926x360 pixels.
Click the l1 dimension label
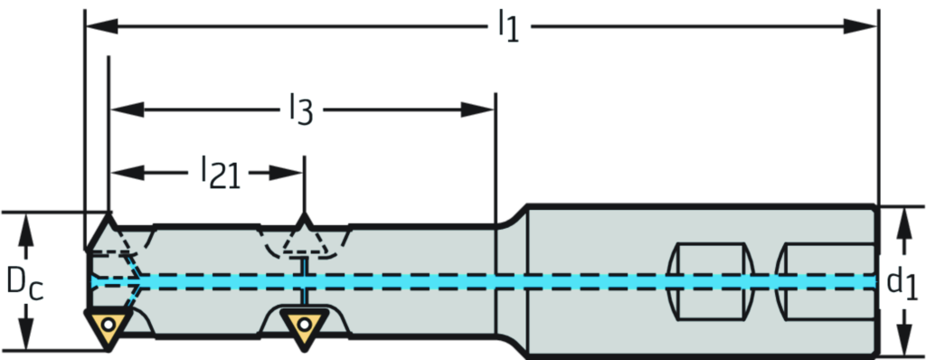[508, 27]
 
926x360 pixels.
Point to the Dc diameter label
[24, 282]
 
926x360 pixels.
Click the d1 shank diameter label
[902, 282]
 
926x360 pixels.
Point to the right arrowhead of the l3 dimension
[477, 110]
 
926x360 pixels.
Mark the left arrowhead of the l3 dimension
[128, 110]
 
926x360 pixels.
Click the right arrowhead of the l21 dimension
[286, 173]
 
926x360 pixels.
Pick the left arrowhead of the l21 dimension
[128, 173]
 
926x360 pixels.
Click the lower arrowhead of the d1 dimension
[902, 338]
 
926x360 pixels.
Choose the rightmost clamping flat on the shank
[826, 281]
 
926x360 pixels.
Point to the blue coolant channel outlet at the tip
[94, 282]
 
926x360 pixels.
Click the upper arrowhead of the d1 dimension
[902, 224]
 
